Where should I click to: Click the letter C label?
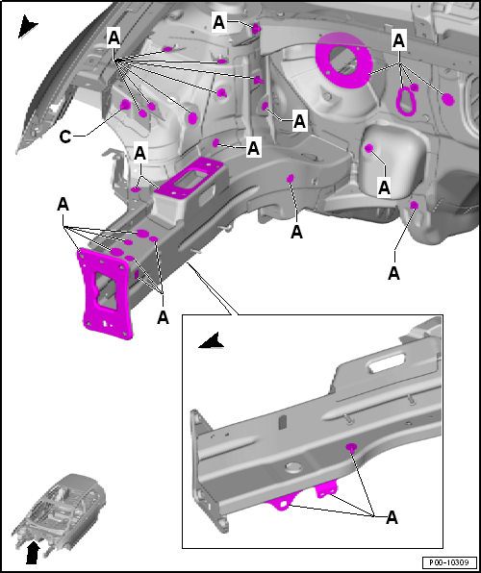pyautogui.click(x=65, y=137)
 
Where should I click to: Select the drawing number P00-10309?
pyautogui.click(x=449, y=561)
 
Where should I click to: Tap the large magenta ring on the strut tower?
pyautogui.click(x=343, y=60)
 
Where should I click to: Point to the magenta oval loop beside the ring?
pyautogui.click(x=406, y=101)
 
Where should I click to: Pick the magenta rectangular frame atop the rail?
pyautogui.click(x=190, y=178)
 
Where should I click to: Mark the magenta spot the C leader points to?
pyautogui.click(x=125, y=105)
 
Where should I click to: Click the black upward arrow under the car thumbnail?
pyautogui.click(x=33, y=552)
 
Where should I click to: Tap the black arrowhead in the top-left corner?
pyautogui.click(x=27, y=26)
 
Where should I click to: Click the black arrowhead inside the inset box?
pyautogui.click(x=213, y=341)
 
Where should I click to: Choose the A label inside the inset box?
pyautogui.click(x=392, y=518)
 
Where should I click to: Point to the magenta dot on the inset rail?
pyautogui.click(x=351, y=447)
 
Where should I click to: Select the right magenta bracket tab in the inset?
pyautogui.click(x=326, y=488)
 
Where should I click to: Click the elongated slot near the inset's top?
pyautogui.click(x=388, y=364)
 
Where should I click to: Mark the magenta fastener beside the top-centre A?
pyautogui.click(x=256, y=29)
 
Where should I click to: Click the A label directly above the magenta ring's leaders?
pyautogui.click(x=398, y=40)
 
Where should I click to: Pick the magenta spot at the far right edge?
pyautogui.click(x=447, y=99)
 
